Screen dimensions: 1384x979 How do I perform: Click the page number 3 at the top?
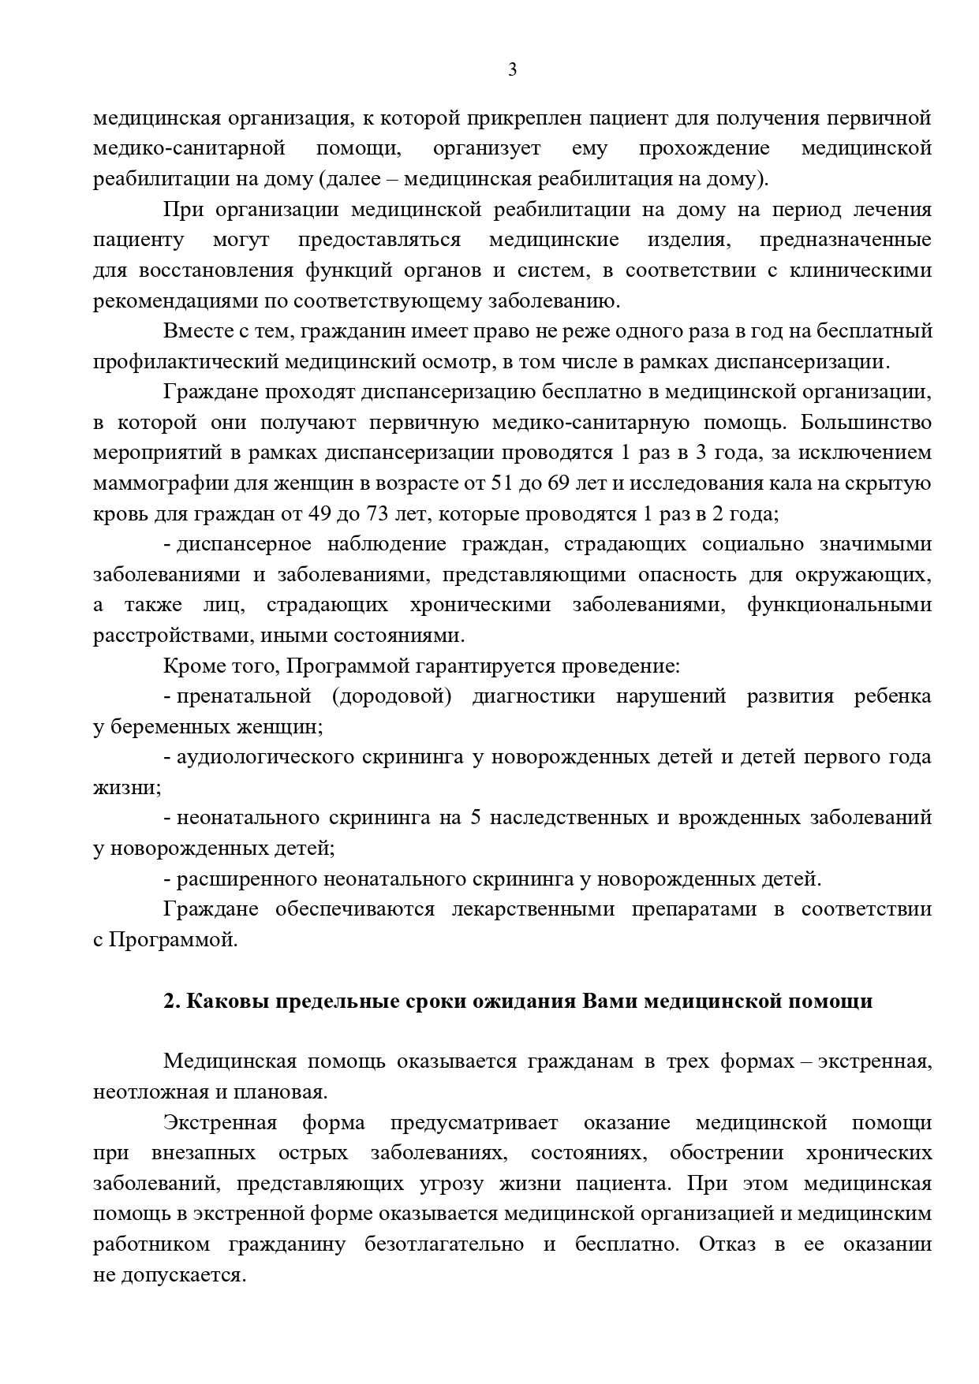[512, 70]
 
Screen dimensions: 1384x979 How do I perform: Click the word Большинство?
[865, 423]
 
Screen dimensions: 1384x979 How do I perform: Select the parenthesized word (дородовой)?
[391, 696]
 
